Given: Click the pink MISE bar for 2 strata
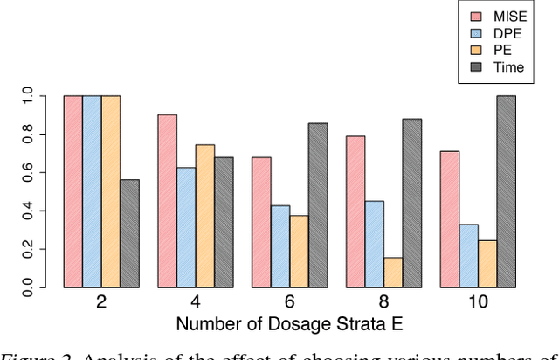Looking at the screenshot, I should pyautogui.click(x=73, y=191).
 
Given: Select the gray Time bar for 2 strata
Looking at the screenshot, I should pyautogui.click(x=129, y=233).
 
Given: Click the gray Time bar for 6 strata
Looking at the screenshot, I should pyautogui.click(x=318, y=205).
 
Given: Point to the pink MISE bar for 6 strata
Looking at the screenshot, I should pyautogui.click(x=261, y=222).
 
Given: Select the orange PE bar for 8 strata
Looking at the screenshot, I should pyautogui.click(x=393, y=272).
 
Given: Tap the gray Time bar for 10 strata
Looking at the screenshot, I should pyautogui.click(x=506, y=191).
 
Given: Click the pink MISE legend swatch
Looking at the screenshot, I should pyautogui.click(x=477, y=15).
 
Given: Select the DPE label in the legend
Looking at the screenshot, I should pyautogui.click(x=512, y=32).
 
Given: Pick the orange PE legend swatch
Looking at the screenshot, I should pyautogui.click(x=477, y=49).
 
